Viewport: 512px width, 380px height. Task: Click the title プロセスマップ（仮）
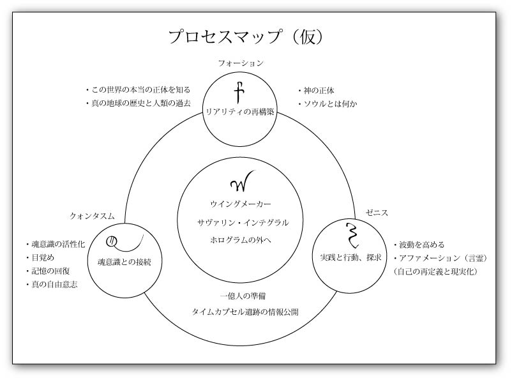[x=246, y=36]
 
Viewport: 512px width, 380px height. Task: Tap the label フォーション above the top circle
[x=241, y=63]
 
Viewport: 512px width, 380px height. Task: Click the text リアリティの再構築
[x=239, y=112]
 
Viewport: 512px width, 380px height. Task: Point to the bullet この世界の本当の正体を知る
[x=138, y=89]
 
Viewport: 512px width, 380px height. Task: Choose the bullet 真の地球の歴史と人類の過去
[x=138, y=103]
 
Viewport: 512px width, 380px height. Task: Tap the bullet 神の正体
[x=316, y=91]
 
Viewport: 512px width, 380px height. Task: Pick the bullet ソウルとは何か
[x=328, y=104]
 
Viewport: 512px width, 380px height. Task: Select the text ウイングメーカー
[x=240, y=204]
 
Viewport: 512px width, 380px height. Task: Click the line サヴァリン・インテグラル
[x=243, y=223]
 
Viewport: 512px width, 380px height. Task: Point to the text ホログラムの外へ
[x=240, y=240]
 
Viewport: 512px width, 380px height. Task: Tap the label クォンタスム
[x=92, y=216]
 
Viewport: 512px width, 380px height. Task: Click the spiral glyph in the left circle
[x=124, y=242]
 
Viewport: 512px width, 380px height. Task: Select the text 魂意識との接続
[x=124, y=262]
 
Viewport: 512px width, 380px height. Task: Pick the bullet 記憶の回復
[x=48, y=271]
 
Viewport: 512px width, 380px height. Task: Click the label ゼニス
[x=377, y=213]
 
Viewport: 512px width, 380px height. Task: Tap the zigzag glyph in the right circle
[x=352, y=235]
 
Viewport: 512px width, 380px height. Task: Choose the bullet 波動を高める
[x=419, y=245]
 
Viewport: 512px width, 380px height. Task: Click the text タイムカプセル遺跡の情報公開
[x=245, y=312]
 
